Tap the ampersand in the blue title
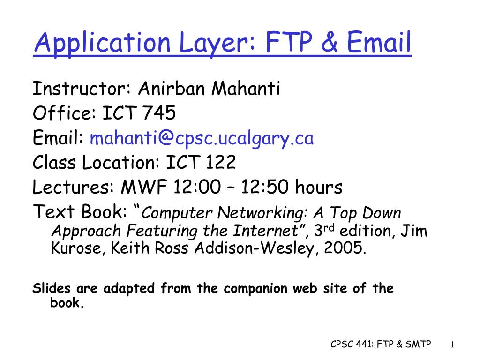(x=329, y=42)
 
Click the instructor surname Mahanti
(x=246, y=89)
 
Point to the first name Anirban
(x=172, y=89)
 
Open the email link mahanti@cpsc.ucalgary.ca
(x=202, y=138)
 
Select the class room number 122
(x=220, y=162)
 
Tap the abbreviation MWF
(x=144, y=187)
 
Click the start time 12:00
(x=197, y=187)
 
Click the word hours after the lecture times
(x=319, y=187)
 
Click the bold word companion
(x=255, y=289)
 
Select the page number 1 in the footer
(x=452, y=345)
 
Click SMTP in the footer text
(x=418, y=344)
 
